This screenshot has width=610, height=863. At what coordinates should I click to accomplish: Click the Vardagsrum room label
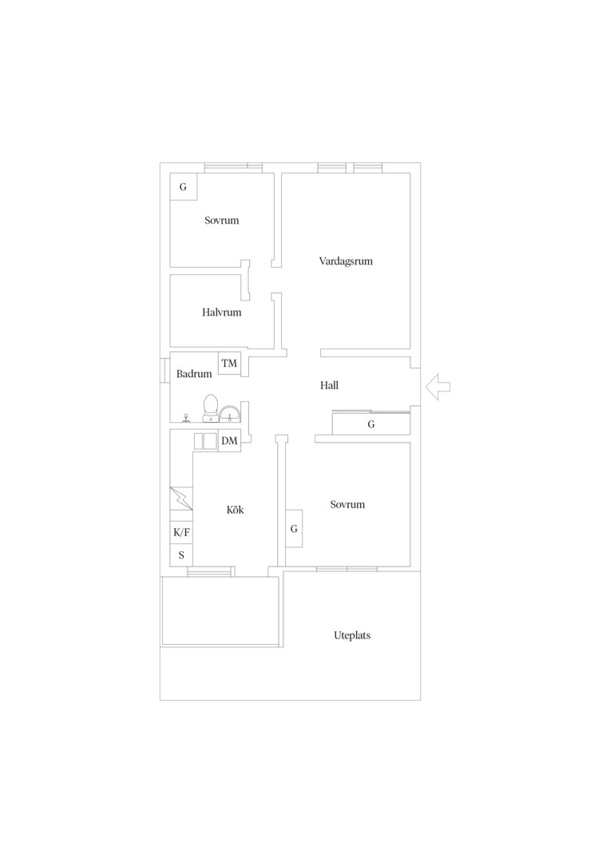point(346,261)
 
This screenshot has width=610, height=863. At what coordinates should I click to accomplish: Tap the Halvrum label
point(221,312)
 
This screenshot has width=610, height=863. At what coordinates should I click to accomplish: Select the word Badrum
point(193,374)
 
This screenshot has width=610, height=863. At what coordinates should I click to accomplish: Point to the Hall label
point(329,385)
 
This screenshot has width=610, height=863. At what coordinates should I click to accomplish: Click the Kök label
point(235,510)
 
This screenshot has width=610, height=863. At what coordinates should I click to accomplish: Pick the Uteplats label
point(352,635)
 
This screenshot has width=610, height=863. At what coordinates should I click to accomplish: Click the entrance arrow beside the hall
point(438,387)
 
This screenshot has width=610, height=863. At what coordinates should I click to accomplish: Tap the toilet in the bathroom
point(209,408)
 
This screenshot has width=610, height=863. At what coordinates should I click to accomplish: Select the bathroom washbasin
point(230,414)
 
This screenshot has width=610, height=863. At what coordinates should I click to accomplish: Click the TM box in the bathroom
point(229,364)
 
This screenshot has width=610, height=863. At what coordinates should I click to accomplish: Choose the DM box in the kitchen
point(229,440)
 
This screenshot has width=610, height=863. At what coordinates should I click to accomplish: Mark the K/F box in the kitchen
point(181,532)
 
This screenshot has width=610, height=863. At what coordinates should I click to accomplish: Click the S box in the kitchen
point(181,555)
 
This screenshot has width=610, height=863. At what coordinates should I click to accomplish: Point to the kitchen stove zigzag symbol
point(181,499)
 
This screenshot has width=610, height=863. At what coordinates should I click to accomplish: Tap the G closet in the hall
point(371,424)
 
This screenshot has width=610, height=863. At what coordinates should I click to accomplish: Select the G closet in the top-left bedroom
point(183,187)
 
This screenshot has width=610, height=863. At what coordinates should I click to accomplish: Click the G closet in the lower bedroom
point(295,528)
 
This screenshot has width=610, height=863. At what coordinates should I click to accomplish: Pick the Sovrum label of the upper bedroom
point(222,221)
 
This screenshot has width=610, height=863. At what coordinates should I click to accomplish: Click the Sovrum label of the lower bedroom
point(347,505)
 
